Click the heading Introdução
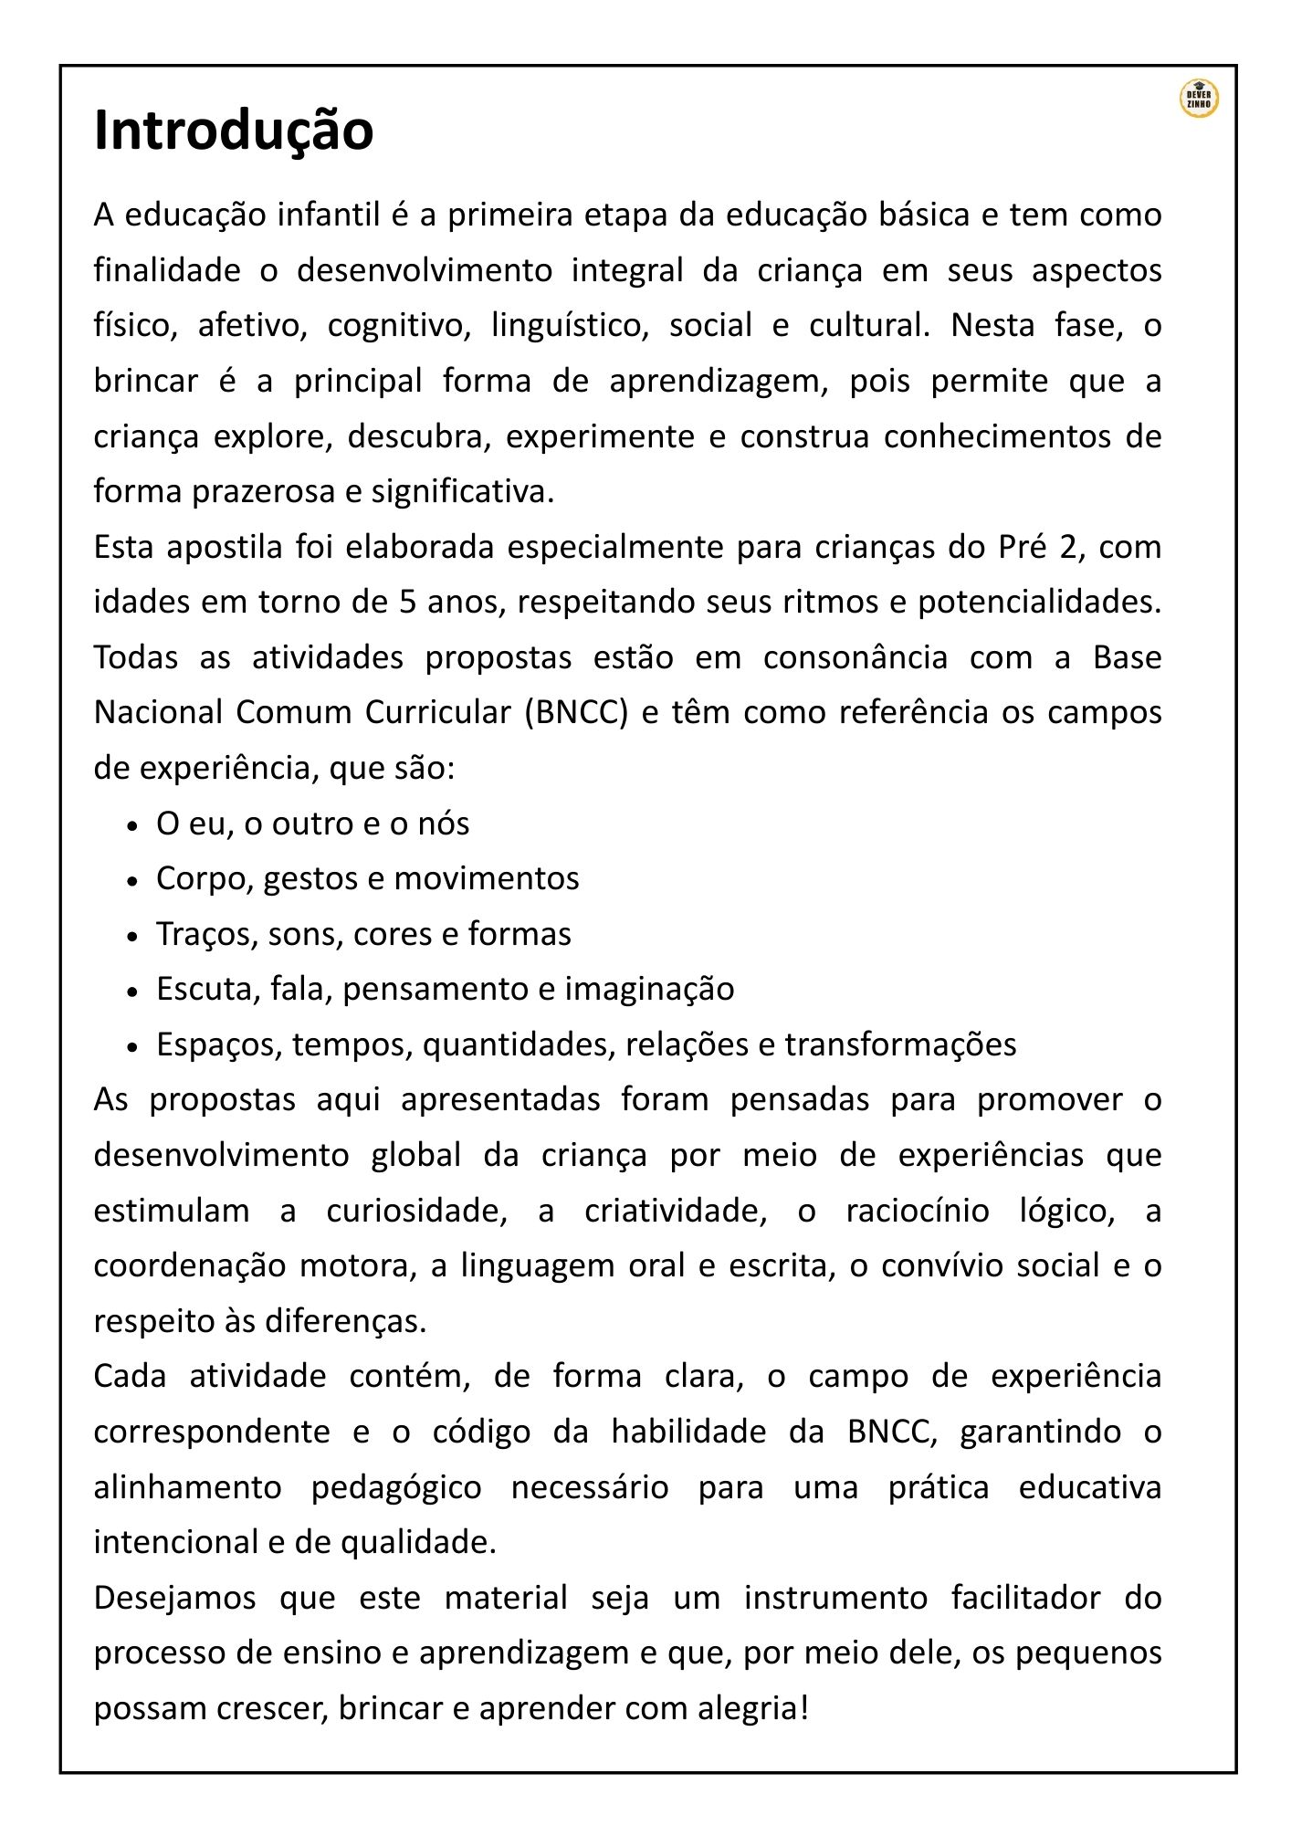click(x=234, y=131)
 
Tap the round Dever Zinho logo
click(x=1198, y=99)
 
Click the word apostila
click(x=225, y=548)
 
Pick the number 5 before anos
click(x=408, y=603)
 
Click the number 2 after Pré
click(x=1068, y=548)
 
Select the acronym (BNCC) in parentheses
click(x=576, y=713)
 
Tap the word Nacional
click(x=158, y=713)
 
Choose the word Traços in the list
click(x=206, y=935)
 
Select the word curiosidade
click(x=416, y=1212)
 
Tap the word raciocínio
click(x=917, y=1212)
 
